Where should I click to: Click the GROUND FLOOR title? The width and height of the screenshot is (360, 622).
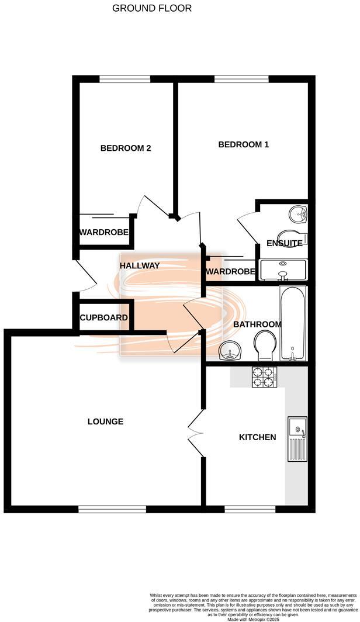151,8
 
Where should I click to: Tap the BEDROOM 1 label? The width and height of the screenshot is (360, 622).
243,144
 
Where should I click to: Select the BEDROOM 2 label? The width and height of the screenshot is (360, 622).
126,148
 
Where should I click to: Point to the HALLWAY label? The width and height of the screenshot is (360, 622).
140,265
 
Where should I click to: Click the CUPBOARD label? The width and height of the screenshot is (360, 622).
104,318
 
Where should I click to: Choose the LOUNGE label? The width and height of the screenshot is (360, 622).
105,421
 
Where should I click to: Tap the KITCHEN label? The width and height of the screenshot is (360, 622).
257,437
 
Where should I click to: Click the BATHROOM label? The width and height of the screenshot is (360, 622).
257,324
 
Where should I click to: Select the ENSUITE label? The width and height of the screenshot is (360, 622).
285,243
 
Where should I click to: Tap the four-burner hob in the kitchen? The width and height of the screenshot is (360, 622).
263,377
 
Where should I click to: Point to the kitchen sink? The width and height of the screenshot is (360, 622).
297,439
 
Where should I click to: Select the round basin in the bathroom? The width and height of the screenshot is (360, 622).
230,352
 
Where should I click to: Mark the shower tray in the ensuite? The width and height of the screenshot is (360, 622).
283,271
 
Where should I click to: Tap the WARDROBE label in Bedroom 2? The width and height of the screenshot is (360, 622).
103,233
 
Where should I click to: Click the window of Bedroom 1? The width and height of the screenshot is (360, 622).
241,79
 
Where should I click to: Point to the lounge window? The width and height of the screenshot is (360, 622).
112,509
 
